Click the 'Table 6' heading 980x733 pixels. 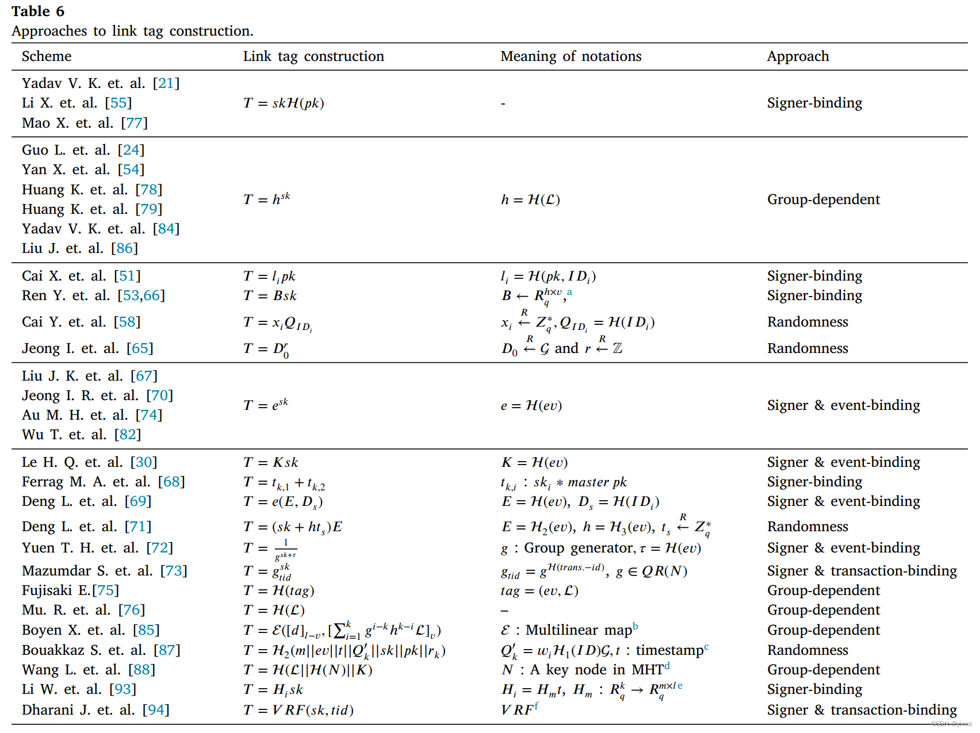(x=38, y=11)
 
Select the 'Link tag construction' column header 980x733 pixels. (x=313, y=56)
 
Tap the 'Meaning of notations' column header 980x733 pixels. (x=571, y=56)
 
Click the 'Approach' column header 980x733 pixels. (x=798, y=56)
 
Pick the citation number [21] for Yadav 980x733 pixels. (x=166, y=83)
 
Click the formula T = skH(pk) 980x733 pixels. (x=284, y=103)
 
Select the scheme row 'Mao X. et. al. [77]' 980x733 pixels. (x=85, y=123)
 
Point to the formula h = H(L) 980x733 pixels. (x=530, y=199)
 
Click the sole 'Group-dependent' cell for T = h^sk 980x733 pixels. (x=823, y=199)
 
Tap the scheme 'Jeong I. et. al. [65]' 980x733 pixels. (x=87, y=348)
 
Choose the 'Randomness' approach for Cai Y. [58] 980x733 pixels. (x=807, y=322)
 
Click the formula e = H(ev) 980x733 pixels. (x=531, y=406)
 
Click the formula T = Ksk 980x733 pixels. (x=270, y=463)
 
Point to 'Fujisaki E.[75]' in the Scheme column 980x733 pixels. (x=70, y=590)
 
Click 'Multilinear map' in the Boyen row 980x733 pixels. (x=578, y=630)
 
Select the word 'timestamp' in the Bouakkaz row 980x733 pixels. (x=669, y=650)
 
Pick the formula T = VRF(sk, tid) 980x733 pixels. (x=298, y=711)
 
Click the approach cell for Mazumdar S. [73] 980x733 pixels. (x=862, y=571)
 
